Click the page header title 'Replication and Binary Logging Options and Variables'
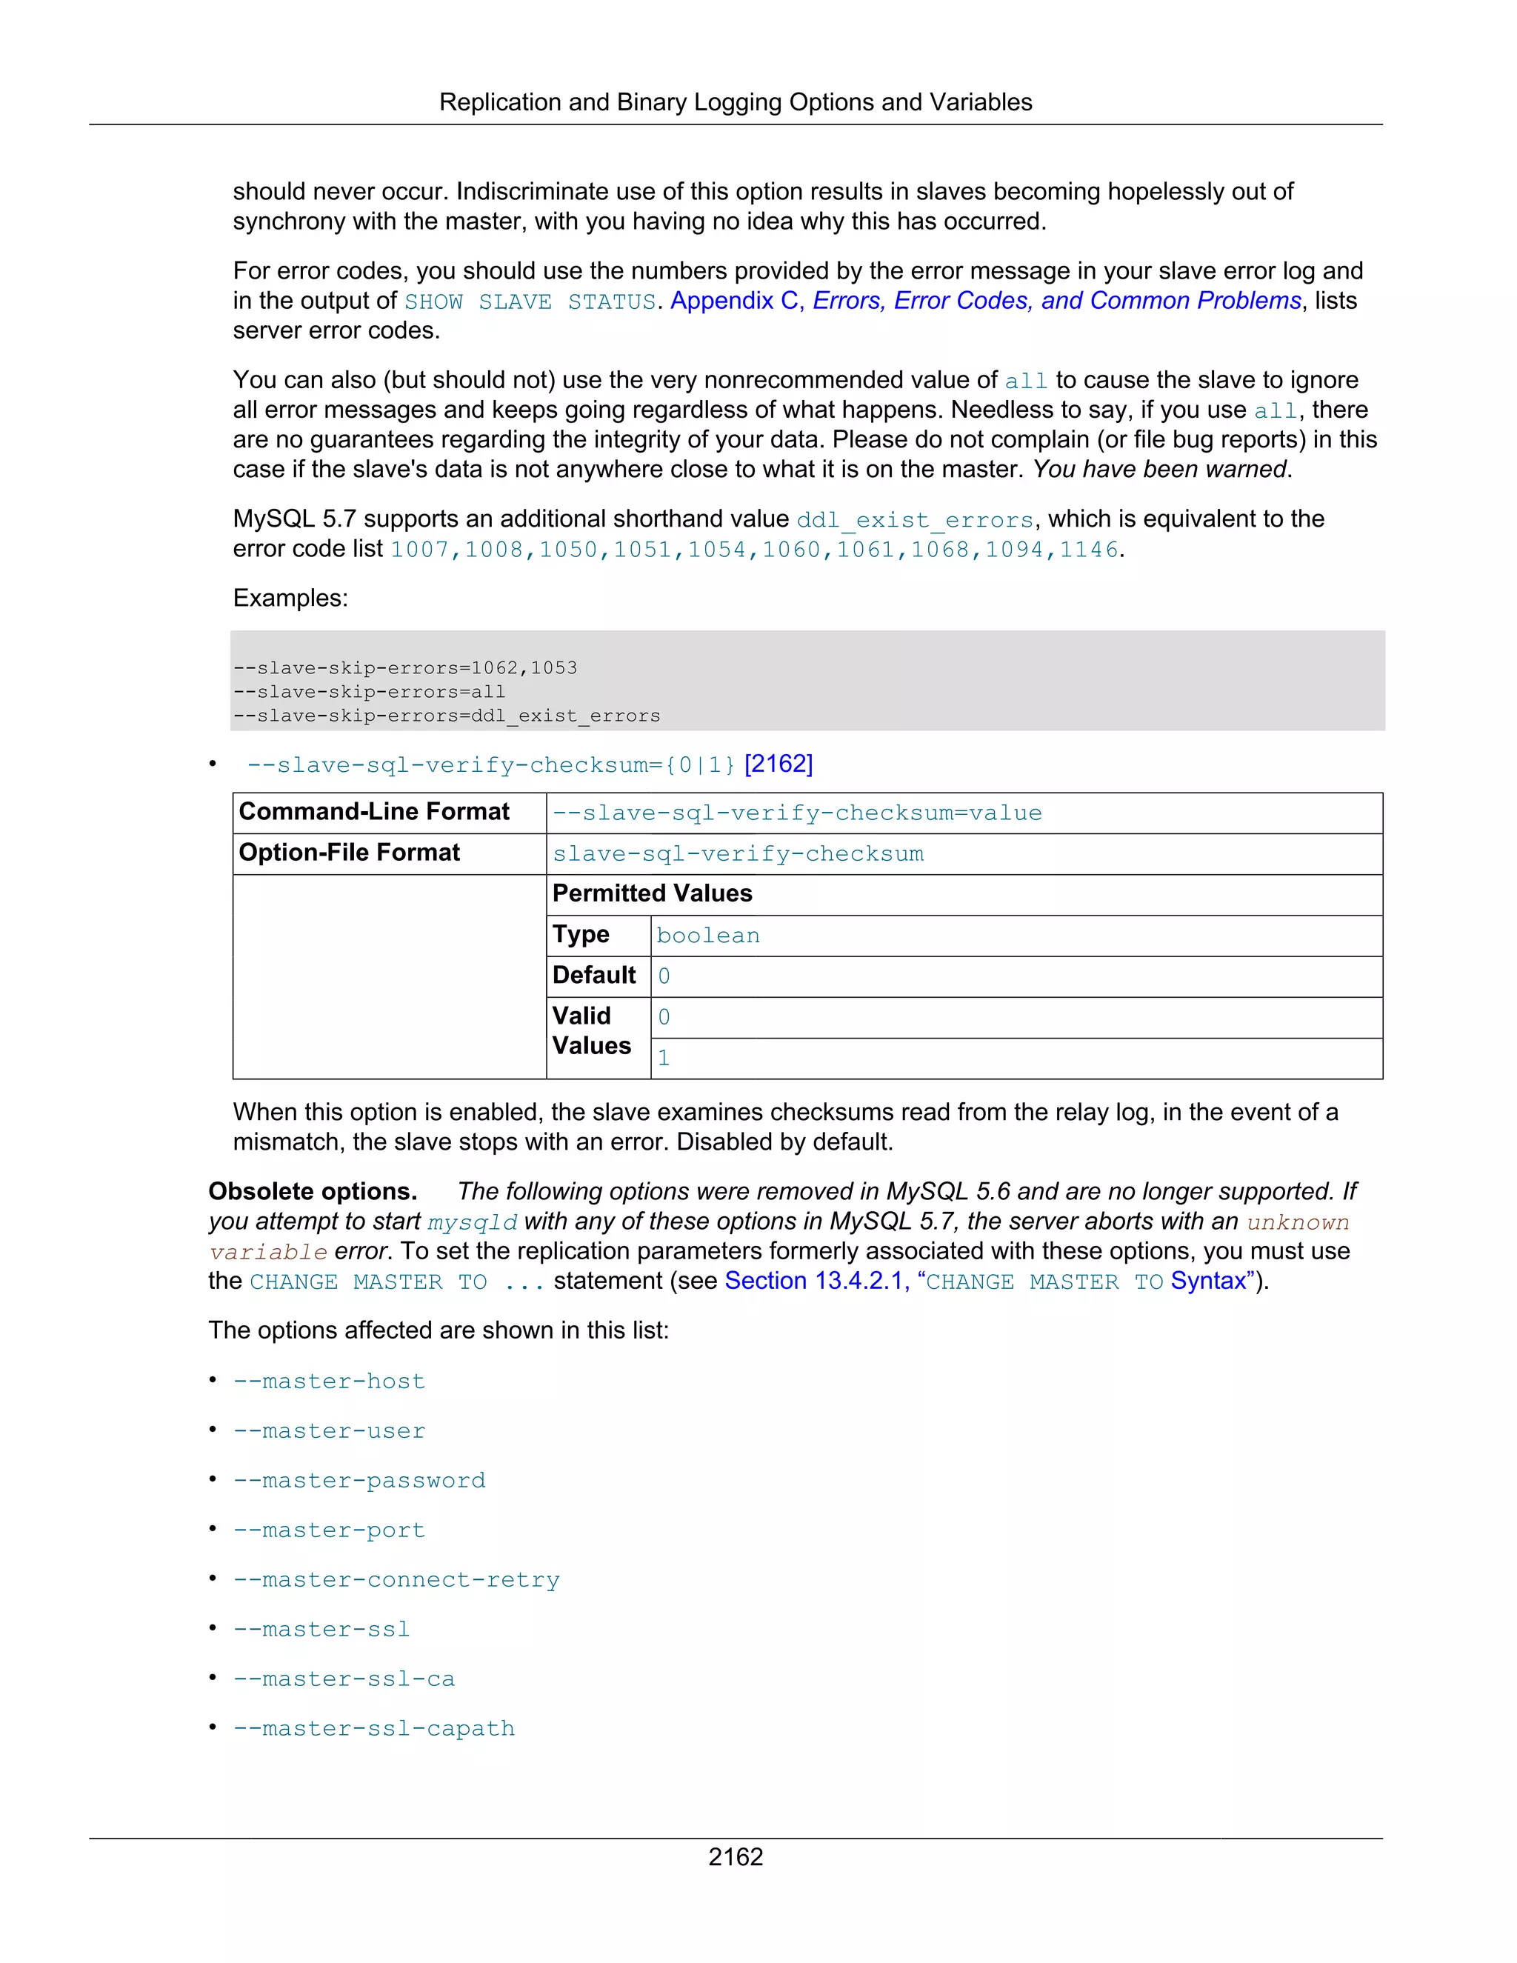pos(735,102)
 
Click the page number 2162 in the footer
pos(735,1856)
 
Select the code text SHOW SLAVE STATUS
pos(530,302)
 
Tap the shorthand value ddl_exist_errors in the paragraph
pos(915,521)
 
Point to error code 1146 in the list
pos(1088,550)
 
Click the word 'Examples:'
pos(290,599)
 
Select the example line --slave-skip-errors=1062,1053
pos(404,668)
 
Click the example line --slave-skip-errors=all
pos(368,692)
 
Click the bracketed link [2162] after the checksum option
pos(778,764)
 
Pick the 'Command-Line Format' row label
pos(374,812)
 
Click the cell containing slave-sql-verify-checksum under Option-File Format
pos(737,854)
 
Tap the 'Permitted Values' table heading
pos(652,893)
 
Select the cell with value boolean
pos(707,936)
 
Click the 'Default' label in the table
pos(594,976)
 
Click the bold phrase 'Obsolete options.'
pos(313,1192)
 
